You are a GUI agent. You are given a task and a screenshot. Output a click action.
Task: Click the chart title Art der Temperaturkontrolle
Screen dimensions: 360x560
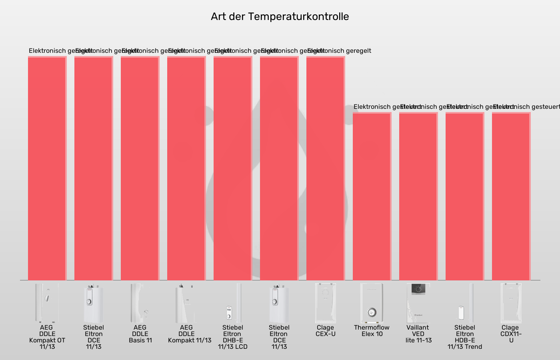[280, 16]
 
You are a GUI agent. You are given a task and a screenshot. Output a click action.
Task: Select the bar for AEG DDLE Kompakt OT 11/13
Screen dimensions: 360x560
[47, 168]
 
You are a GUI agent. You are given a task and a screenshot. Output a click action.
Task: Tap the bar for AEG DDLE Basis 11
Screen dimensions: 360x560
[140, 168]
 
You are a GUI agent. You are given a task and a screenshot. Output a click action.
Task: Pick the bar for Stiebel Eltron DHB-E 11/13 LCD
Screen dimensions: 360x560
[233, 168]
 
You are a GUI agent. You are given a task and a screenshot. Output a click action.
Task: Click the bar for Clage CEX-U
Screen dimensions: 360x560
[326, 168]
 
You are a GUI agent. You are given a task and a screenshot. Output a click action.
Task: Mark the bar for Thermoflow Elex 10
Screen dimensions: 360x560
[372, 196]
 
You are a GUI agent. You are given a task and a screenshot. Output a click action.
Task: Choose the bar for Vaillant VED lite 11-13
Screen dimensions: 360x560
[418, 196]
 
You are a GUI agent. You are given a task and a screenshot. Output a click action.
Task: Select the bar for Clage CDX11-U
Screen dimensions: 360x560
[511, 196]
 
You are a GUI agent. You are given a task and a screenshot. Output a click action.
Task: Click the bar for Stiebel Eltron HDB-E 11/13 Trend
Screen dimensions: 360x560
[465, 196]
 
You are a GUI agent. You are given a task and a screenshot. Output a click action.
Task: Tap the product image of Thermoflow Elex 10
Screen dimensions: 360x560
[372, 303]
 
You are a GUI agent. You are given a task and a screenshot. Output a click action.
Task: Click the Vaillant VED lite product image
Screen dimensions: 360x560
[418, 303]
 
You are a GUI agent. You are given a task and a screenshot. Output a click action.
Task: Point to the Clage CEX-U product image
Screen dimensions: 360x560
[326, 303]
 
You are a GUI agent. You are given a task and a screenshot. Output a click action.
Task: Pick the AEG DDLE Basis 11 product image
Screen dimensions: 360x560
[140, 303]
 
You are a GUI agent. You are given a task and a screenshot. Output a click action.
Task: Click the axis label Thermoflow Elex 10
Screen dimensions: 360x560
[372, 331]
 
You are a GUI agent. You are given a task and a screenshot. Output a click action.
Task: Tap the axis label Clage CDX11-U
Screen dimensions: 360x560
[511, 334]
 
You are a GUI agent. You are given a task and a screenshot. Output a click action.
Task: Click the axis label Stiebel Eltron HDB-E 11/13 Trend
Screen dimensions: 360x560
[465, 337]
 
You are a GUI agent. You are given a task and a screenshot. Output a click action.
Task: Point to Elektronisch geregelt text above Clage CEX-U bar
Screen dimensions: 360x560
[339, 51]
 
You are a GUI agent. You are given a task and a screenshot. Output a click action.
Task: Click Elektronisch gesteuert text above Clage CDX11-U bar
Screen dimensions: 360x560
[526, 107]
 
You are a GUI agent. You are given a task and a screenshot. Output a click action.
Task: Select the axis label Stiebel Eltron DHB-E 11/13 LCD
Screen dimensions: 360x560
[233, 337]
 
